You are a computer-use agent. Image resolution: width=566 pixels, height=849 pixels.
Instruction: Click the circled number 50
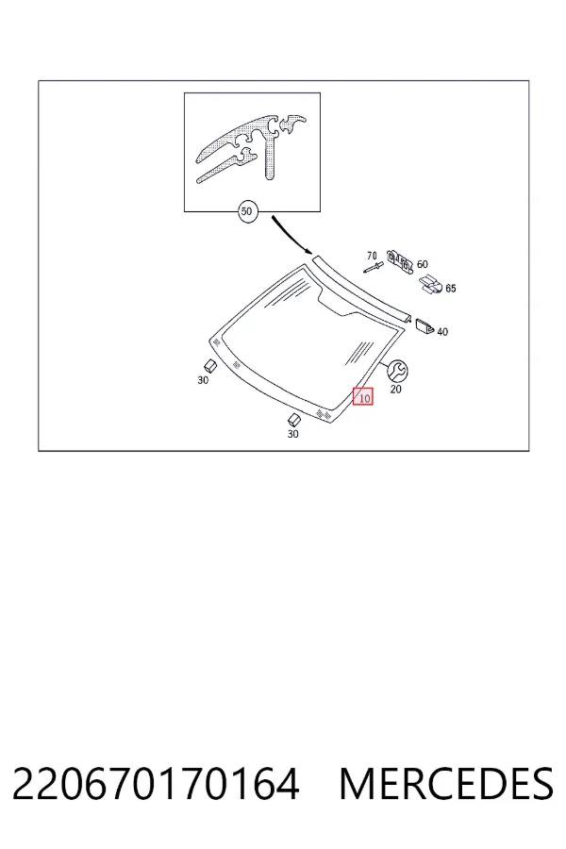point(246,211)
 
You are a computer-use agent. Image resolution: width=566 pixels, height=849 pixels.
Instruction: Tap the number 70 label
point(372,256)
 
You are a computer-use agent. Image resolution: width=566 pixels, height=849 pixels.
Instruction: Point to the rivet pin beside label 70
point(374,266)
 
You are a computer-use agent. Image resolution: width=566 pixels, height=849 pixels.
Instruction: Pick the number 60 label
point(423,264)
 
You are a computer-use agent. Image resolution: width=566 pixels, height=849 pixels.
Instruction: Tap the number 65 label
point(451,289)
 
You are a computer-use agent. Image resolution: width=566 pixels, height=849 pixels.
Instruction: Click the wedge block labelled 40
point(424,326)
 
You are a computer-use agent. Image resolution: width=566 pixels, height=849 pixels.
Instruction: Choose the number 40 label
point(442,332)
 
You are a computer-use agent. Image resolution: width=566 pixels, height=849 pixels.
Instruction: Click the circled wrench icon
point(398,371)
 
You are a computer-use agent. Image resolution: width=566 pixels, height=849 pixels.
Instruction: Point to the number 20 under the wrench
point(396,390)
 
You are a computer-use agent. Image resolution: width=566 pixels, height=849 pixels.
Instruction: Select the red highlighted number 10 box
point(363,397)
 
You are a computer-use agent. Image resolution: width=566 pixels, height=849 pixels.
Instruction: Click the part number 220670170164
point(156,784)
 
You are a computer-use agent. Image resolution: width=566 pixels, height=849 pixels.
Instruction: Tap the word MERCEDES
point(446,784)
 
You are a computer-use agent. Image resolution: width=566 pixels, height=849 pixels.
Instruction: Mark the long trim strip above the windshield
point(362,289)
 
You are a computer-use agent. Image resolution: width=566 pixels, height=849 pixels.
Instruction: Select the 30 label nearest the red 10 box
point(292,434)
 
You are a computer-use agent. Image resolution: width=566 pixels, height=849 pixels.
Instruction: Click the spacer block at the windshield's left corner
point(210,365)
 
